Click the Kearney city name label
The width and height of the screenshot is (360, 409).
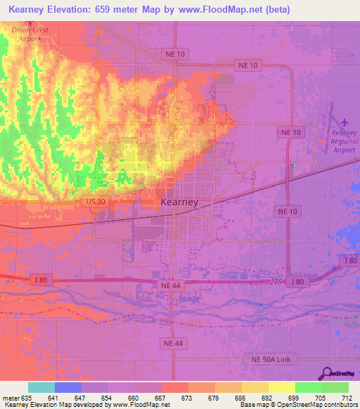(x=179, y=202)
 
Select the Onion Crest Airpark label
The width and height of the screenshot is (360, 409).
(x=30, y=34)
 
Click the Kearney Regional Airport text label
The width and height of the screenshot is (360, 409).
(x=345, y=141)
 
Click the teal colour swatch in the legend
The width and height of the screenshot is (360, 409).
(x=41, y=387)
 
